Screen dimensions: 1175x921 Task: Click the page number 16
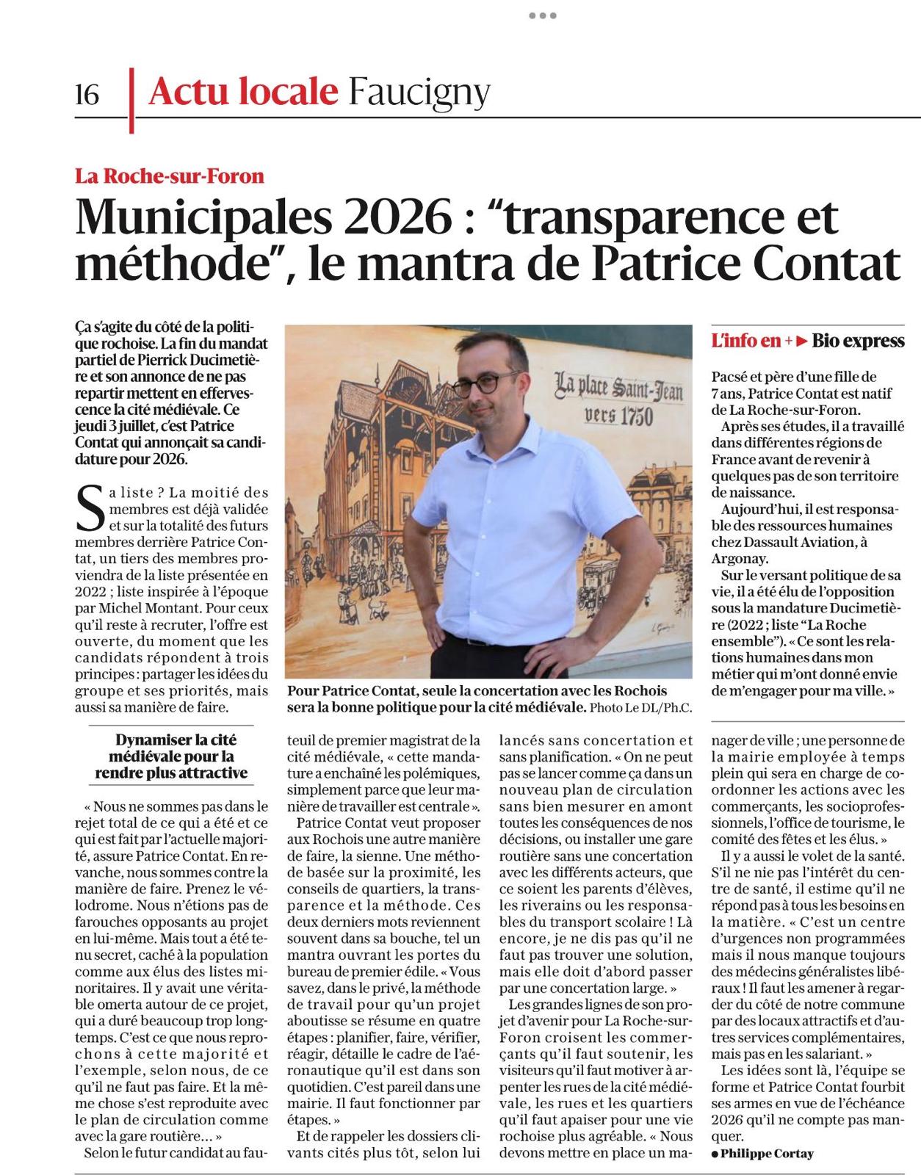click(87, 94)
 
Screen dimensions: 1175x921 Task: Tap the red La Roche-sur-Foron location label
click(170, 176)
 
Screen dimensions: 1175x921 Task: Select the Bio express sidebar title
click(858, 341)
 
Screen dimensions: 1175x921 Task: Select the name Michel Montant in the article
click(152, 608)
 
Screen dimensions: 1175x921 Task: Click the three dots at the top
click(542, 15)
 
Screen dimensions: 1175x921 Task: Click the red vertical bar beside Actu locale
click(132, 101)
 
